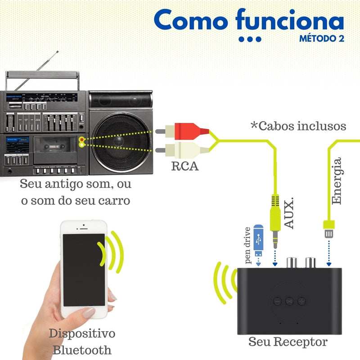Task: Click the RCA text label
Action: [x=184, y=166]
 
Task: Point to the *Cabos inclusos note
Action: [x=298, y=126]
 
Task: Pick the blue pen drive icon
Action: [x=258, y=238]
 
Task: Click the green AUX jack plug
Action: [x=275, y=225]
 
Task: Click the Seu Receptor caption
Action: [x=288, y=342]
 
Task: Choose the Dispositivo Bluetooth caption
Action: [x=82, y=342]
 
